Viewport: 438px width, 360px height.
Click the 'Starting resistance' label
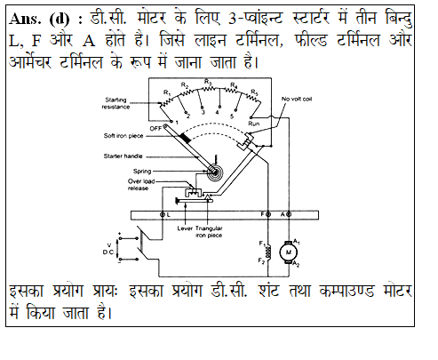click(115, 103)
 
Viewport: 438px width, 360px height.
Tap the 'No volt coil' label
click(297, 99)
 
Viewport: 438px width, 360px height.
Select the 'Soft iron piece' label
click(123, 136)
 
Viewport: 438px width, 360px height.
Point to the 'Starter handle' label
click(123, 156)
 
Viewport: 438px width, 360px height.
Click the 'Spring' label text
click(142, 171)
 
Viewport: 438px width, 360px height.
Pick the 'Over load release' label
click(141, 184)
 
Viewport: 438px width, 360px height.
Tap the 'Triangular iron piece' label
click(209, 232)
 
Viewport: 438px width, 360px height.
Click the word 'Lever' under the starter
click(185, 228)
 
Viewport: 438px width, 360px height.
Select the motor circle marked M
click(289, 252)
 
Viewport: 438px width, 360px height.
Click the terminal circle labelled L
click(163, 214)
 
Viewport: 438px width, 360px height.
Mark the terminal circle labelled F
click(268, 214)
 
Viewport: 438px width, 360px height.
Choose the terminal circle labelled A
click(289, 214)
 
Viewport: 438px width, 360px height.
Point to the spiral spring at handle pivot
click(214, 172)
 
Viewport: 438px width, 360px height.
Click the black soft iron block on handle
click(186, 138)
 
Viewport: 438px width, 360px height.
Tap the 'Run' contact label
click(254, 124)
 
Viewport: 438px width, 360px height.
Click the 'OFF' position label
click(155, 128)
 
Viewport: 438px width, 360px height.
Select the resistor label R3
click(208, 81)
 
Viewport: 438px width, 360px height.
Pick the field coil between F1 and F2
click(268, 252)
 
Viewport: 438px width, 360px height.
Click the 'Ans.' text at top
click(25, 20)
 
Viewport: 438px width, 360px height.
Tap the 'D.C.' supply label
click(108, 252)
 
